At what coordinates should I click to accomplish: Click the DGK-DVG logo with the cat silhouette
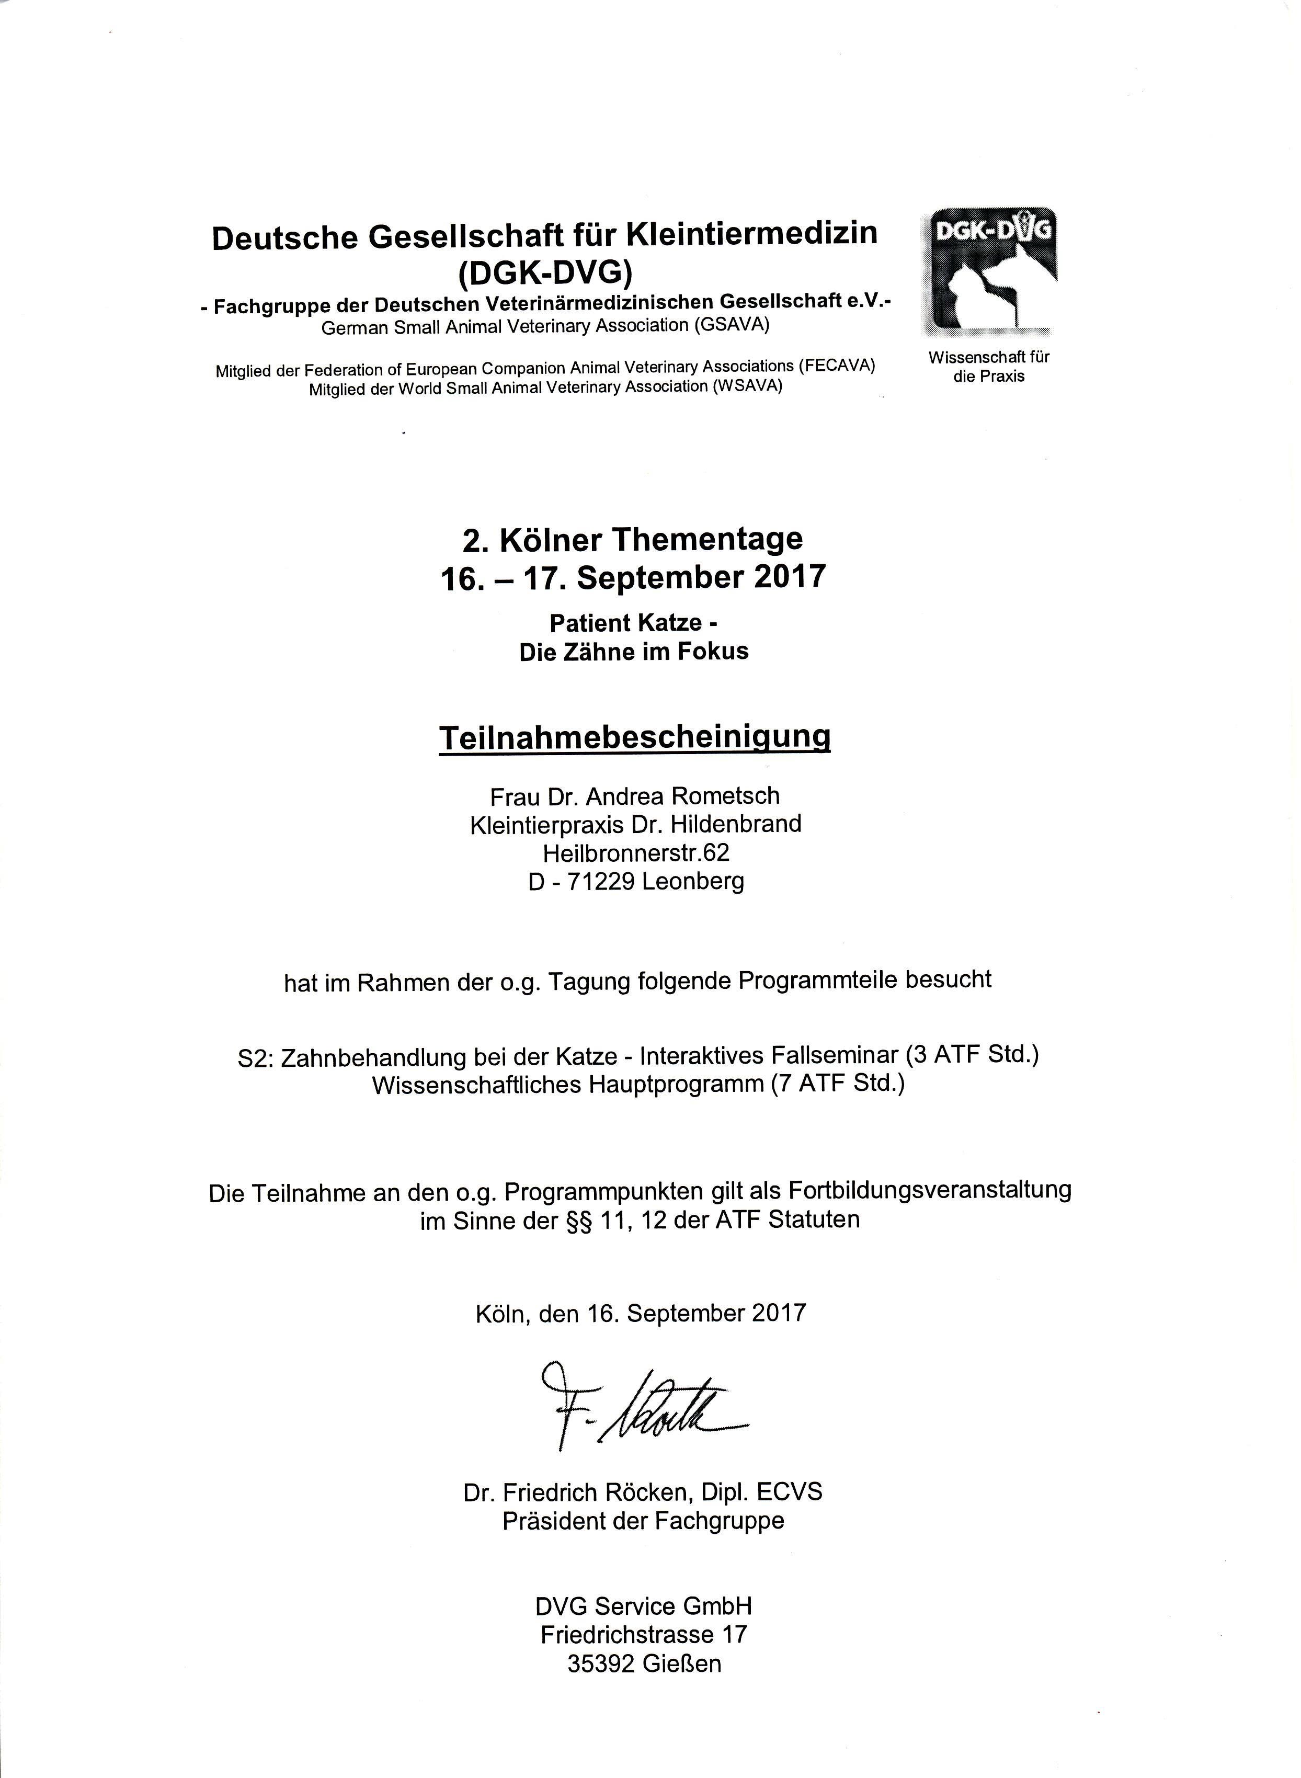[x=990, y=269]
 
